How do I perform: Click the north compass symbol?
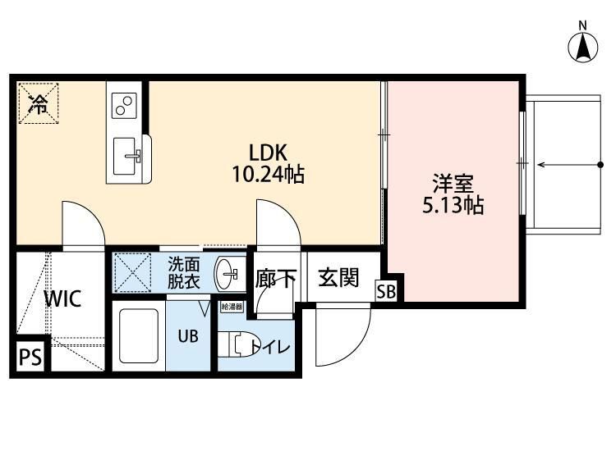[x=583, y=46]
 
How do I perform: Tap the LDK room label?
[x=268, y=153]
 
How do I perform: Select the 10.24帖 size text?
[x=268, y=174]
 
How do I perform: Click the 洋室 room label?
[x=453, y=182]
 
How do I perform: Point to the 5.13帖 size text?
[x=453, y=204]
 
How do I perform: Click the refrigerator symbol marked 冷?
[x=39, y=102]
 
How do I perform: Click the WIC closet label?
[x=62, y=298]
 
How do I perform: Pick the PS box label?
[x=30, y=358]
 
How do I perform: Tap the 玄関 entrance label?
[x=338, y=278]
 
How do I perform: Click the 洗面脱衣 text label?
[x=184, y=271]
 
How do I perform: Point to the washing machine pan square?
[x=133, y=271]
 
